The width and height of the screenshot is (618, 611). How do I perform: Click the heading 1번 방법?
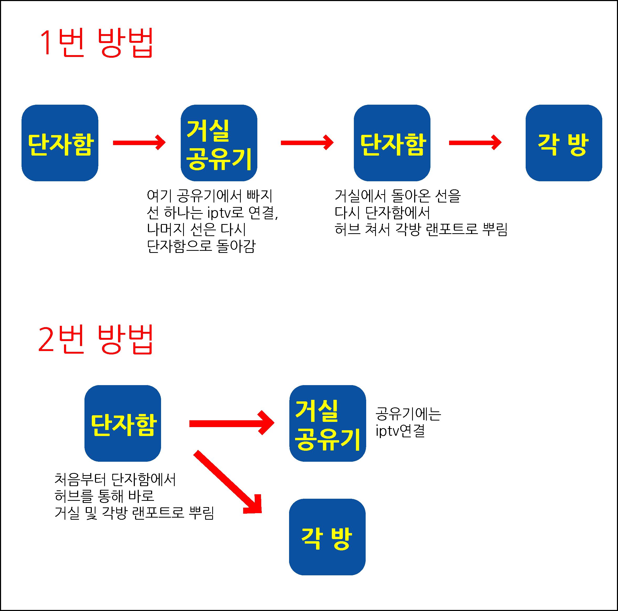tap(96, 42)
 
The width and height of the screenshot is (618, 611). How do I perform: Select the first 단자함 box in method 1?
tap(60, 143)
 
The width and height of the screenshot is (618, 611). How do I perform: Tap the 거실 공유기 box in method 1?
tap(219, 143)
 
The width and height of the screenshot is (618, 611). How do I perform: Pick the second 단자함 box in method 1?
tap(392, 143)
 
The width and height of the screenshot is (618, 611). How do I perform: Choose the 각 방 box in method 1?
tap(564, 143)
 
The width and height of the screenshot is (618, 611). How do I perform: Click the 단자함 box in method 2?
tap(122, 423)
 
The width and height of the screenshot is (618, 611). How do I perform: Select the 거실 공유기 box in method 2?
tap(328, 423)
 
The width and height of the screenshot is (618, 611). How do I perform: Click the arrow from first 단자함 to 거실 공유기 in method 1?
tap(139, 143)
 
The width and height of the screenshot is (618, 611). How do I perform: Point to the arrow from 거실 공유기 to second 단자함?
tap(307, 143)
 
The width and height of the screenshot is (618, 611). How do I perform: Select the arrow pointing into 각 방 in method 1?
tap(475, 143)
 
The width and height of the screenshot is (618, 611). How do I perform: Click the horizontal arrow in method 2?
tap(231, 423)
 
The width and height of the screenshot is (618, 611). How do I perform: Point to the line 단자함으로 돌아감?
tap(201, 246)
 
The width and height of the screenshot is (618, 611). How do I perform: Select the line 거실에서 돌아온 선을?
tap(397, 196)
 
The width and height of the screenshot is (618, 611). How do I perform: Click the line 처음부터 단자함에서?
tap(115, 480)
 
